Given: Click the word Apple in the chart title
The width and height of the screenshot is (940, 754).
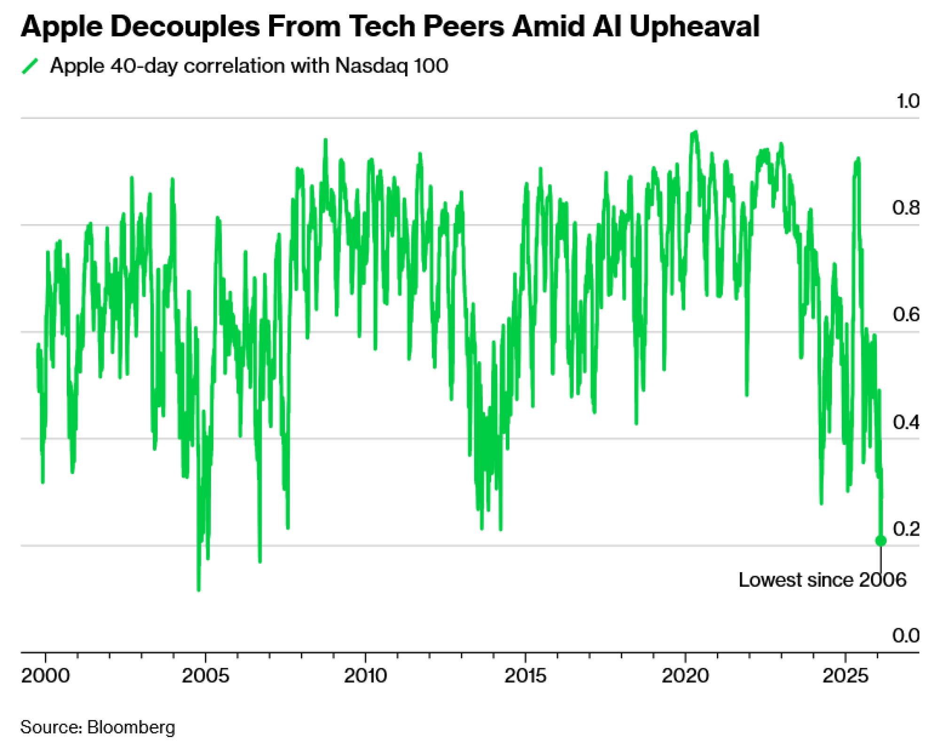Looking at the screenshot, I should [62, 27].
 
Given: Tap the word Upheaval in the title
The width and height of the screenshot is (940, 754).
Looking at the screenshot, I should [694, 27].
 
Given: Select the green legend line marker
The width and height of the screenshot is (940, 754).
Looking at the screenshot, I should [30, 66].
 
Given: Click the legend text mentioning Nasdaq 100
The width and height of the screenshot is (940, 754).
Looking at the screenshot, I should [249, 66].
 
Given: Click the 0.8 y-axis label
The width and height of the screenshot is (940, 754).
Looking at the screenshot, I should [906, 208].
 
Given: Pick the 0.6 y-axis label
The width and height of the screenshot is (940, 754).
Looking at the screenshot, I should [906, 315].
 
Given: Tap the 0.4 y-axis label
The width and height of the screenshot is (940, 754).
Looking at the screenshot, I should [906, 422].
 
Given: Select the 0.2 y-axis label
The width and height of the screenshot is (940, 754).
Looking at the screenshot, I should [906, 529].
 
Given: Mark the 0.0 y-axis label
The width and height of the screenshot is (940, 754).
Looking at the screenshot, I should [906, 636].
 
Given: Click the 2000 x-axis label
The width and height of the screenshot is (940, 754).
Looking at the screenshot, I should [46, 676].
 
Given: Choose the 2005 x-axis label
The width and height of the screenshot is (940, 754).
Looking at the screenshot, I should [205, 676].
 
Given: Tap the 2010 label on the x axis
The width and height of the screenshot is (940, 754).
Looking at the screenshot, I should [366, 676].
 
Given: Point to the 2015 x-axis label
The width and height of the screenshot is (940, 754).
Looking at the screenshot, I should [525, 676].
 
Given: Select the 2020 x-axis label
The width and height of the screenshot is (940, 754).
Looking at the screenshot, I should [685, 676].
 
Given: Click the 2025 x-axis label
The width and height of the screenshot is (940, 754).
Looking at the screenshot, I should [845, 676].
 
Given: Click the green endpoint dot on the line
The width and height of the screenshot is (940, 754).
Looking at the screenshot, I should [881, 541].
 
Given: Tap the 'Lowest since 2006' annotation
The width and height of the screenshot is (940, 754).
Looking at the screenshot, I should [822, 580].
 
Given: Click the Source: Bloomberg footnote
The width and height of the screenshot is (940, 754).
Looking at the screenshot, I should [98, 727].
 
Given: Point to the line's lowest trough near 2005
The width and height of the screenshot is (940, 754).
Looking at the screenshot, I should [198, 589].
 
